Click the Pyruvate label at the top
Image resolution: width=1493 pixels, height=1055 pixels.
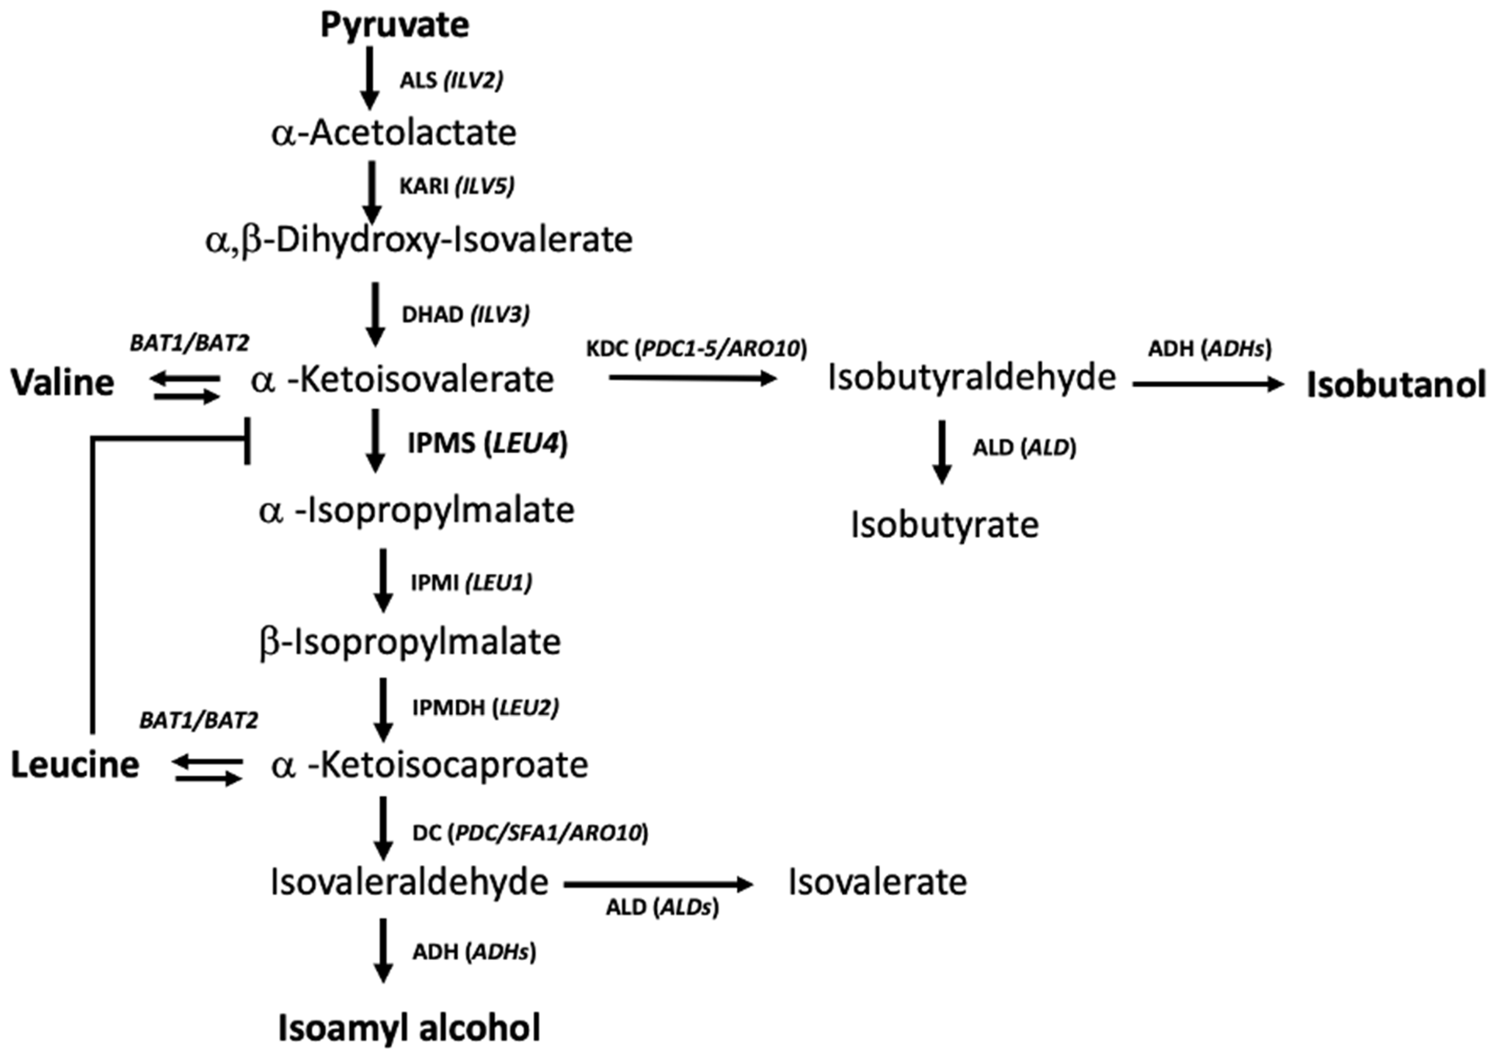[x=395, y=25]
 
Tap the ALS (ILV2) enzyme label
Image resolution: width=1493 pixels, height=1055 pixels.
[x=451, y=81]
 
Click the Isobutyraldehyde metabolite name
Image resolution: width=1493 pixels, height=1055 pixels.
[x=972, y=378]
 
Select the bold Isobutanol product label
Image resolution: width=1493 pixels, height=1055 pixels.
[x=1395, y=385]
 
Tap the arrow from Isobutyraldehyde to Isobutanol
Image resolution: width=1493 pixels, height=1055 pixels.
[x=1208, y=384]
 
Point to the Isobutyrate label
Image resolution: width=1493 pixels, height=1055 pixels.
[x=944, y=525]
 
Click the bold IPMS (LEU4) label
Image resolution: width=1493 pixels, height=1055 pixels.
[x=488, y=444]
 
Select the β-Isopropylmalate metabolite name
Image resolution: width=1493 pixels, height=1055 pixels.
[x=409, y=642]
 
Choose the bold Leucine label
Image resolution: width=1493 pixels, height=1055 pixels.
[x=75, y=765]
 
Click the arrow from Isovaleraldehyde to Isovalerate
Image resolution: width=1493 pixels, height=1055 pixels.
[x=658, y=884]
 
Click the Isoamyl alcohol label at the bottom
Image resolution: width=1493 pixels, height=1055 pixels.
[x=409, y=1028]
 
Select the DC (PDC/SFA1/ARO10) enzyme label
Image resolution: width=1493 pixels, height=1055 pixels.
[x=530, y=833]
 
